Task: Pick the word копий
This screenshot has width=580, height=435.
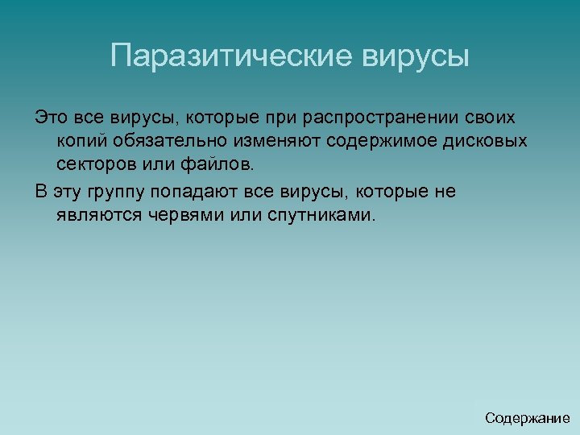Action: point(79,142)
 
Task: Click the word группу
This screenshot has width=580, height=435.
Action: point(114,192)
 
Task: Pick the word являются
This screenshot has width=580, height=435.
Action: point(97,216)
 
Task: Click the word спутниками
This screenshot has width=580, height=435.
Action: point(317,216)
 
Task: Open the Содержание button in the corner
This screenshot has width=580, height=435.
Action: point(527,418)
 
